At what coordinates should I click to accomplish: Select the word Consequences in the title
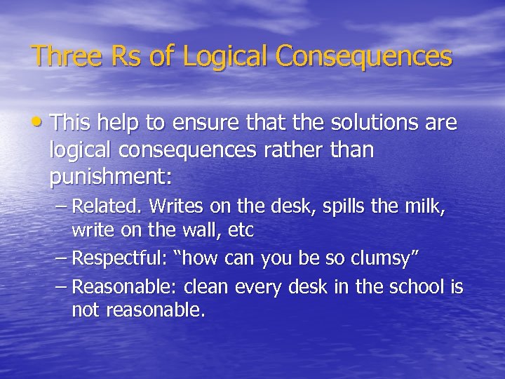(x=365, y=56)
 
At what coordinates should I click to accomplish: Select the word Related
(x=103, y=206)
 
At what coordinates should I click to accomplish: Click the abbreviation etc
(x=241, y=229)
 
